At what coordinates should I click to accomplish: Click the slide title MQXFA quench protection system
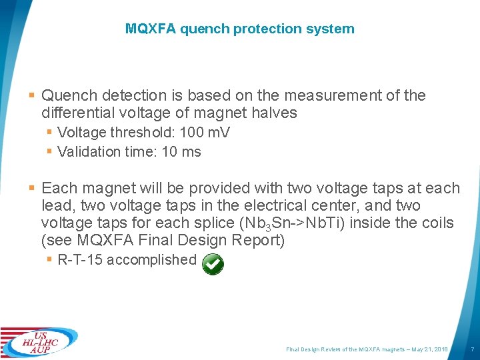pos(239,29)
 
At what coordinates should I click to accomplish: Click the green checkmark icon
pos(213,264)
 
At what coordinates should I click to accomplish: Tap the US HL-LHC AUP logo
pos(40,343)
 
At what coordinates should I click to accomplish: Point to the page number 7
pos(472,349)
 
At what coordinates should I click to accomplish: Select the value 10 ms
pos(181,151)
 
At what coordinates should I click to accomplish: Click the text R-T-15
pos(81,259)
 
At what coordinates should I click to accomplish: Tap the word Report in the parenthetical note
pos(261,240)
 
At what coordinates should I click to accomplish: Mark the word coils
pos(435,223)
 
